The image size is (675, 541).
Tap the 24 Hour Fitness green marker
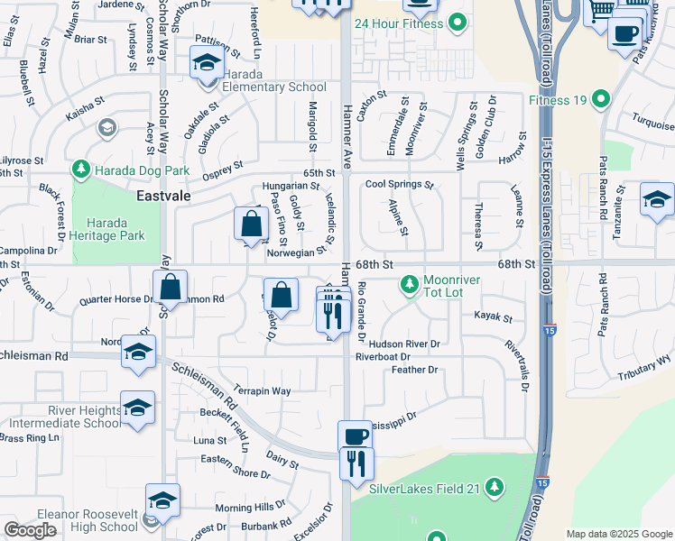point(457,23)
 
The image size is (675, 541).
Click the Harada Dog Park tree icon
point(81,170)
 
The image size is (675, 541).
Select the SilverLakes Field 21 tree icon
point(494,488)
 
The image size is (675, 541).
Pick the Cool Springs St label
point(399,185)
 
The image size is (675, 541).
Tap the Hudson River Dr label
point(403,344)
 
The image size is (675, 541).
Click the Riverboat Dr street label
point(382,357)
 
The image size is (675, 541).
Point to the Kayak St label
point(493,317)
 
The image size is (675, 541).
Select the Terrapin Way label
point(262,391)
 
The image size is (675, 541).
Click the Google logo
point(31,530)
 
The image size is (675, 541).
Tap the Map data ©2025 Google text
point(618,534)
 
